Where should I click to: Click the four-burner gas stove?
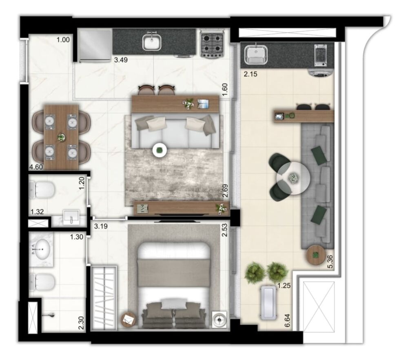coord(212,44)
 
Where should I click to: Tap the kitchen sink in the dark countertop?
coord(152,42)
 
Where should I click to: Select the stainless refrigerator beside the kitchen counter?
coord(95,45)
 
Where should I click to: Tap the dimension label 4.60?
coord(36,167)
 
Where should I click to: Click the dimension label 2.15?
coord(249,75)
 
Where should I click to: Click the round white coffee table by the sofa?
coord(160,150)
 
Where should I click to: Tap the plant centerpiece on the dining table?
coord(61,138)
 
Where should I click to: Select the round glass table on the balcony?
coord(293,178)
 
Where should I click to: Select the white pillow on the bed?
coord(174,303)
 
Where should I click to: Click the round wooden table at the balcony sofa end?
coord(316,255)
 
